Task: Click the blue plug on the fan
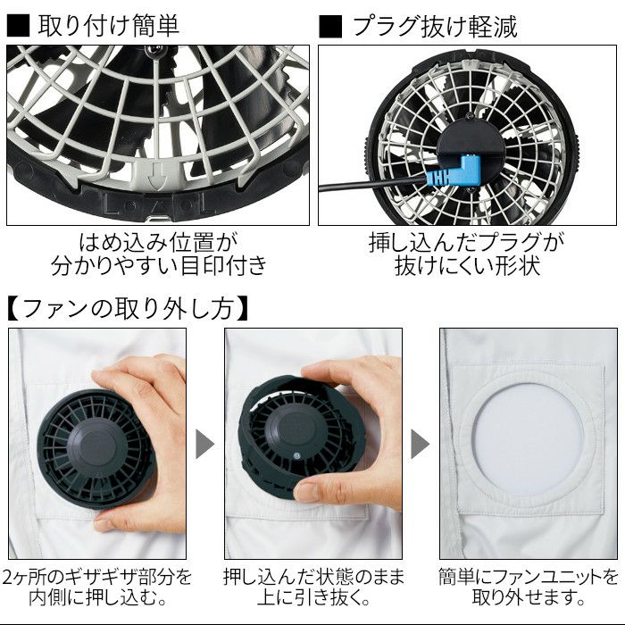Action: pyautogui.click(x=459, y=171)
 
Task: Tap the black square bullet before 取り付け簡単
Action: pyautogui.click(x=18, y=26)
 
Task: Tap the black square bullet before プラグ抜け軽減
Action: pyautogui.click(x=330, y=27)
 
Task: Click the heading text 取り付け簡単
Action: pyautogui.click(x=109, y=26)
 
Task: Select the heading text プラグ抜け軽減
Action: pyautogui.click(x=435, y=27)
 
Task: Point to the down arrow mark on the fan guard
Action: pyautogui.click(x=153, y=175)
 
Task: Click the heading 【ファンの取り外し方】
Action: pyautogui.click(x=128, y=309)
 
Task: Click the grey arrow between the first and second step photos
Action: pyautogui.click(x=204, y=444)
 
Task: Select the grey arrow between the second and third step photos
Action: pyautogui.click(x=421, y=444)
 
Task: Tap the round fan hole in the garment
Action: pyautogui.click(x=528, y=440)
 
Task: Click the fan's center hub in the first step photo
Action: pyautogui.click(x=93, y=447)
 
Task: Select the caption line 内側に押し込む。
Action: pyautogui.click(x=97, y=598)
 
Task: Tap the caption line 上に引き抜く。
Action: pyautogui.click(x=313, y=598)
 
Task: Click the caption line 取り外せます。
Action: pyautogui.click(x=529, y=598)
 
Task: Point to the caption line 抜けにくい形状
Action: pyautogui.click(x=468, y=266)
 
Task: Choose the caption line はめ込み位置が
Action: pyautogui.click(x=158, y=243)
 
